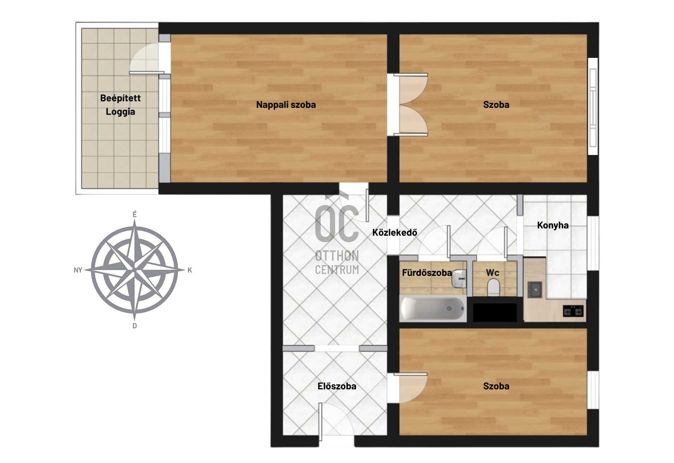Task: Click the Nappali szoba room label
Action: pos(286,105)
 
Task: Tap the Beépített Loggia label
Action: pos(120,105)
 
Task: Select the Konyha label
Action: pos(553,225)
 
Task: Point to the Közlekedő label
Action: pos(395,232)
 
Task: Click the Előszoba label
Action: pos(337,386)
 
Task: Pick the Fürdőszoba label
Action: pos(427,273)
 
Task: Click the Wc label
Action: pos(493,273)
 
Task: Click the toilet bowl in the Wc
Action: pos(494,288)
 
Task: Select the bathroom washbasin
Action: pos(459,279)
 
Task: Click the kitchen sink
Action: pos(535,290)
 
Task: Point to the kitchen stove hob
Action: pos(573,311)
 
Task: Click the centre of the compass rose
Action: pos(134,270)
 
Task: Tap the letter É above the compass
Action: pos(134,214)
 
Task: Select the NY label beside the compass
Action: pos(78,270)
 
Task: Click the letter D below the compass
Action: pos(134,326)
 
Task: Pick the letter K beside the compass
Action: pos(190,270)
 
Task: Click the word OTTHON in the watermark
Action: pos(337,256)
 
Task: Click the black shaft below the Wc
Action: pos(495,312)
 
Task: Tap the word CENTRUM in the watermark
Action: pos(337,270)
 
